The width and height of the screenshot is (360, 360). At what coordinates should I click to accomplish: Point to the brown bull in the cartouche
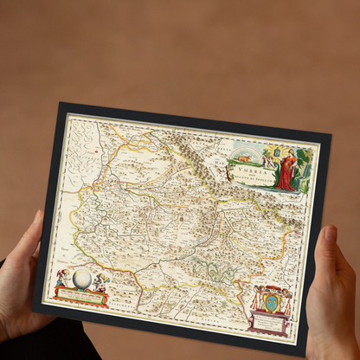point(246,159)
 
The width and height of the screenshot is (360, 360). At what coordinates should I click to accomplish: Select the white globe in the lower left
point(82,279)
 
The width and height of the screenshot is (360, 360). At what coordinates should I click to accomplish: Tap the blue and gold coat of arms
point(272,303)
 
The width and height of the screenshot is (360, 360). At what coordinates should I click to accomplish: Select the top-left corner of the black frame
point(61,105)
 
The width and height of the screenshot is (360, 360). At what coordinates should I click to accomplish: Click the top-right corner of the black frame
point(330,136)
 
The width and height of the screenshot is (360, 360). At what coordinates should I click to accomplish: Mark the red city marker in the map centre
point(182,219)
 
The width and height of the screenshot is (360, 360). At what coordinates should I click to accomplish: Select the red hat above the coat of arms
point(273,286)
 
